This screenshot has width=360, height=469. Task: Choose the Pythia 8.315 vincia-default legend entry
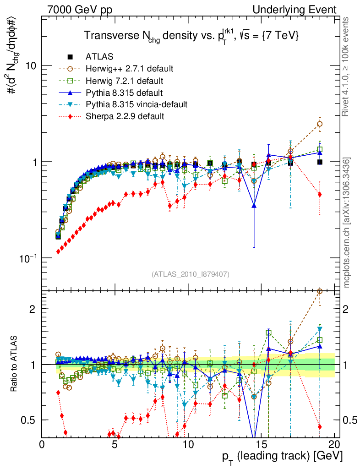(x=136, y=104)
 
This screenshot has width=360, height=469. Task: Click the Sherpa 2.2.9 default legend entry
(x=125, y=116)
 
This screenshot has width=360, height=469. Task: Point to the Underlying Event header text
(x=303, y=9)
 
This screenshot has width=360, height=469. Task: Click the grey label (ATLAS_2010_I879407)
(x=190, y=274)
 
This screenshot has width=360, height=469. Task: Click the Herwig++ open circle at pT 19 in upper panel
(x=320, y=124)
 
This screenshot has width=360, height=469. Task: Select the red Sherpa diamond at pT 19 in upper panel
(x=320, y=195)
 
